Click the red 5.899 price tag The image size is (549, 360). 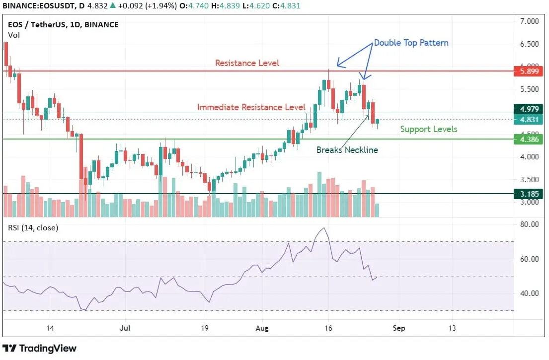click(x=529, y=72)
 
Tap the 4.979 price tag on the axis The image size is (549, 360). click(x=529, y=109)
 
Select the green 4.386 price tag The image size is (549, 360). click(x=529, y=140)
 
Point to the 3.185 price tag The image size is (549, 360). click(x=529, y=194)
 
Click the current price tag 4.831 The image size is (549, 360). click(x=529, y=120)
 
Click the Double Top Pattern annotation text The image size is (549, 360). click(x=411, y=43)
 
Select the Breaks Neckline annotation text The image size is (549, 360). click(x=347, y=149)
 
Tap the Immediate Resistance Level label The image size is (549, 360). click(x=251, y=107)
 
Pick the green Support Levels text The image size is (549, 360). click(x=429, y=129)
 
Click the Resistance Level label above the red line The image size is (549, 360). click(x=247, y=63)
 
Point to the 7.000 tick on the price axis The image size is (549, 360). click(x=529, y=22)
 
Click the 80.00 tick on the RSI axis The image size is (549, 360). click(x=529, y=224)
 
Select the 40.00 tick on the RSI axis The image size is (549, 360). click(x=529, y=293)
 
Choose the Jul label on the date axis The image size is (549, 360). click(x=126, y=328)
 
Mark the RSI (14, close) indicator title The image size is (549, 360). click(x=33, y=228)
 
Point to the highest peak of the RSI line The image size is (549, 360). click(x=324, y=228)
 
